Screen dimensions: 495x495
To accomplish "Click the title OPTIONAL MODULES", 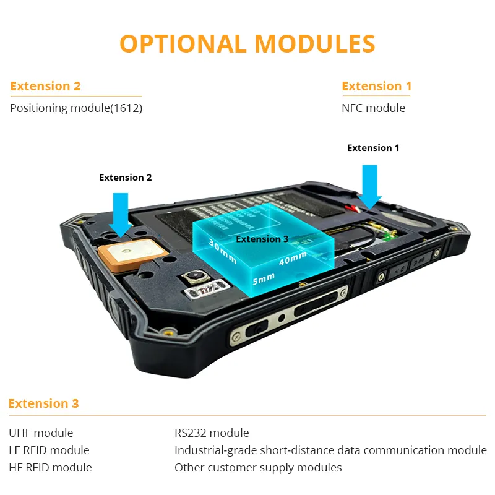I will click(x=247, y=44).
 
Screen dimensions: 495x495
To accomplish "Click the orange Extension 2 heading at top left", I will click(x=45, y=86).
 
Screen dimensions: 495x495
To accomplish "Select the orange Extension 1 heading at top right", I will click(x=376, y=86).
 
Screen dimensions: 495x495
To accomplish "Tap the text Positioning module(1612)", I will click(x=76, y=108).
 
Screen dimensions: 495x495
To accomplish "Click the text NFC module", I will click(x=373, y=108).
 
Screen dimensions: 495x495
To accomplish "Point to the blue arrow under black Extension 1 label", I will click(x=370, y=185).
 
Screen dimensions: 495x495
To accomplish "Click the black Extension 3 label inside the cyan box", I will click(x=262, y=239).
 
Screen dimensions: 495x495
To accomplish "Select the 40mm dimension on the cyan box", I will click(x=293, y=257).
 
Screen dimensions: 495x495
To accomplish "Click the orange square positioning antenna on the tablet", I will click(x=129, y=254).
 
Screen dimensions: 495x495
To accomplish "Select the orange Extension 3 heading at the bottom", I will click(x=43, y=404).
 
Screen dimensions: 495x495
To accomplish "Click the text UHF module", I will click(x=41, y=433).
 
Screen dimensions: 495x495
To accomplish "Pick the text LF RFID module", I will click(x=49, y=450).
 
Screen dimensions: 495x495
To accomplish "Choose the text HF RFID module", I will click(x=50, y=468).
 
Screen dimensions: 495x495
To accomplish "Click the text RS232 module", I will click(x=212, y=433).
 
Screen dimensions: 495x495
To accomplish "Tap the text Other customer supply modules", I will click(x=258, y=468).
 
